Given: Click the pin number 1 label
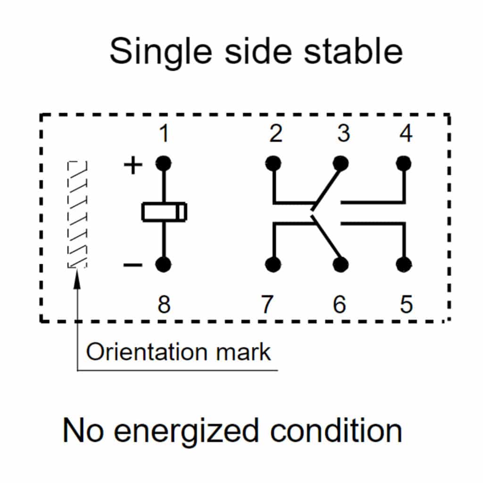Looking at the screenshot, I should point(164,134).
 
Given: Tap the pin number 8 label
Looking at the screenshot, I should point(164,305).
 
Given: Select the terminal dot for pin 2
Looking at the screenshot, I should point(273,163).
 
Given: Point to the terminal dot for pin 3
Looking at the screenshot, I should point(341,163).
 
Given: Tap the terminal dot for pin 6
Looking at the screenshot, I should point(341,265).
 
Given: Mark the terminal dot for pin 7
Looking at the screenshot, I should point(273,265).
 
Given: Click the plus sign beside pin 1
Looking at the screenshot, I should point(133,166).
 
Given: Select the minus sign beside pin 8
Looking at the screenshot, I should point(133,265).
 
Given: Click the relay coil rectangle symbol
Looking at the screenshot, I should point(164,212).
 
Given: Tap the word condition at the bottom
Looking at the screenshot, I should point(336,430).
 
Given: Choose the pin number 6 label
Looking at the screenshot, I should point(340,305).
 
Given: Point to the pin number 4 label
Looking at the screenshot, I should point(405,134).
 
